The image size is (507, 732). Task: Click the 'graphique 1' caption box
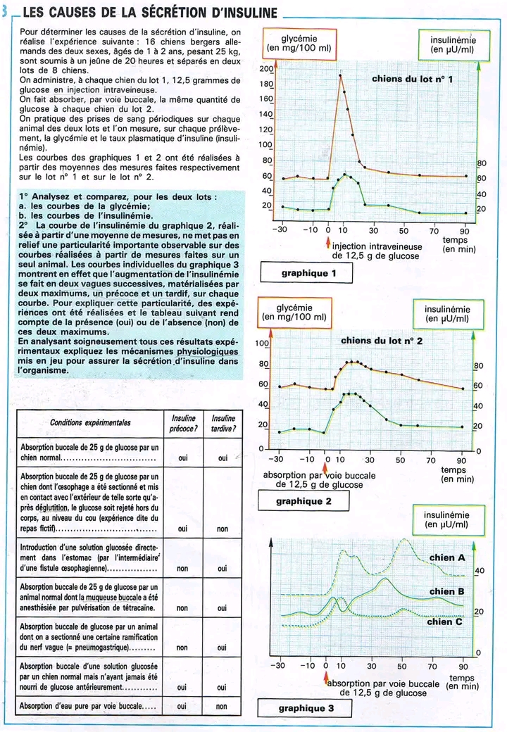306,272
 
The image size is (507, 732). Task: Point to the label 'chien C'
444,621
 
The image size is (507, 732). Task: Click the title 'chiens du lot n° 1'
413,79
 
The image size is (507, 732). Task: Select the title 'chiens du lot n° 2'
382,341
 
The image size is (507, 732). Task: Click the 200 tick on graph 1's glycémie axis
265,69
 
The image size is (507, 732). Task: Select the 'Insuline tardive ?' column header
223,423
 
